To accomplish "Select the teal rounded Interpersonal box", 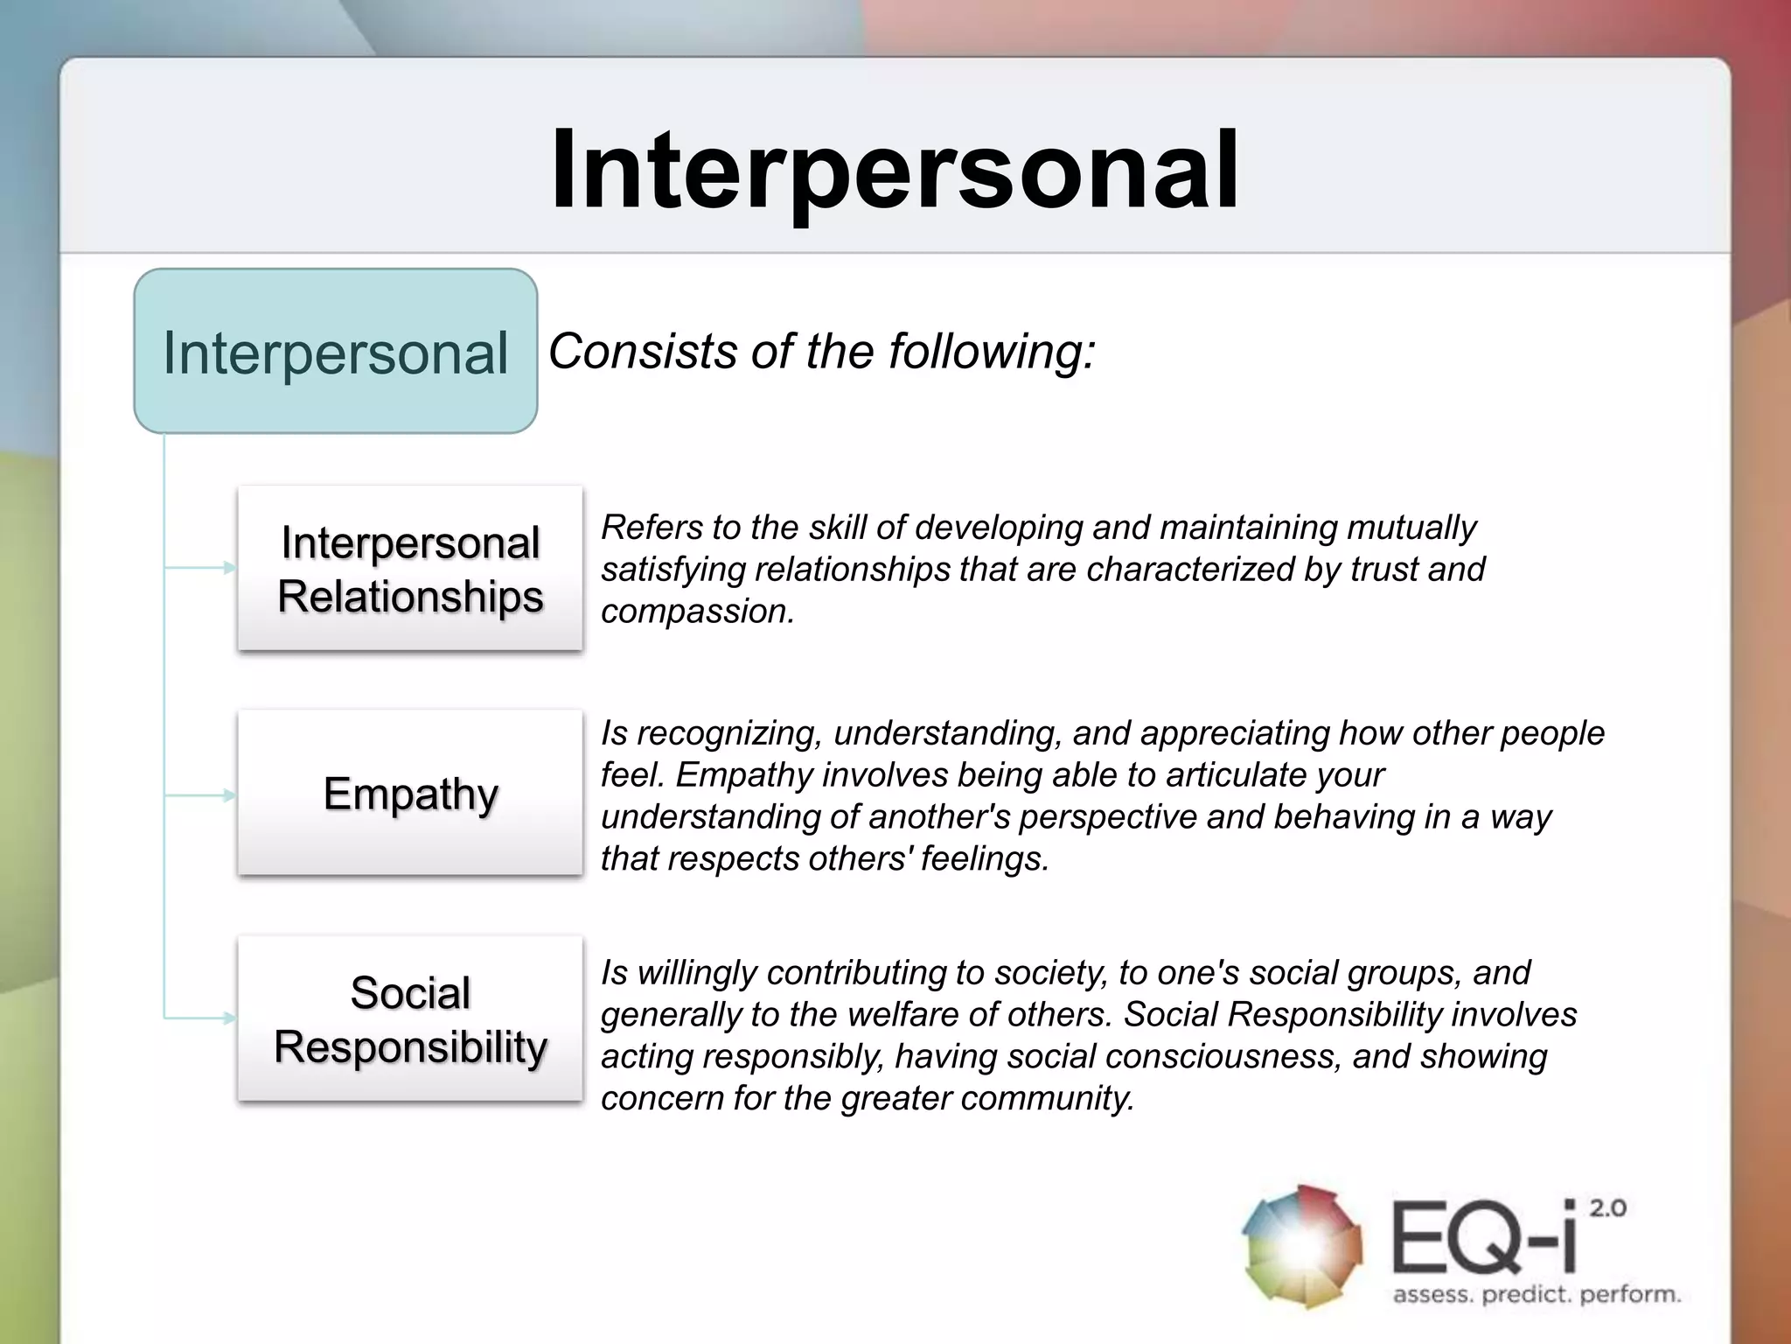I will [x=335, y=352].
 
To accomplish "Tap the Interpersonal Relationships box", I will [x=410, y=569].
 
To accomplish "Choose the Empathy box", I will [x=410, y=793].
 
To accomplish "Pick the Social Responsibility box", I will [x=410, y=1018].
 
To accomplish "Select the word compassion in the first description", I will [x=696, y=612].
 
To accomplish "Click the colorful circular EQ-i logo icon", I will [x=1302, y=1247].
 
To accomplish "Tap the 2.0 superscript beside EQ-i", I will [x=1607, y=1209].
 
